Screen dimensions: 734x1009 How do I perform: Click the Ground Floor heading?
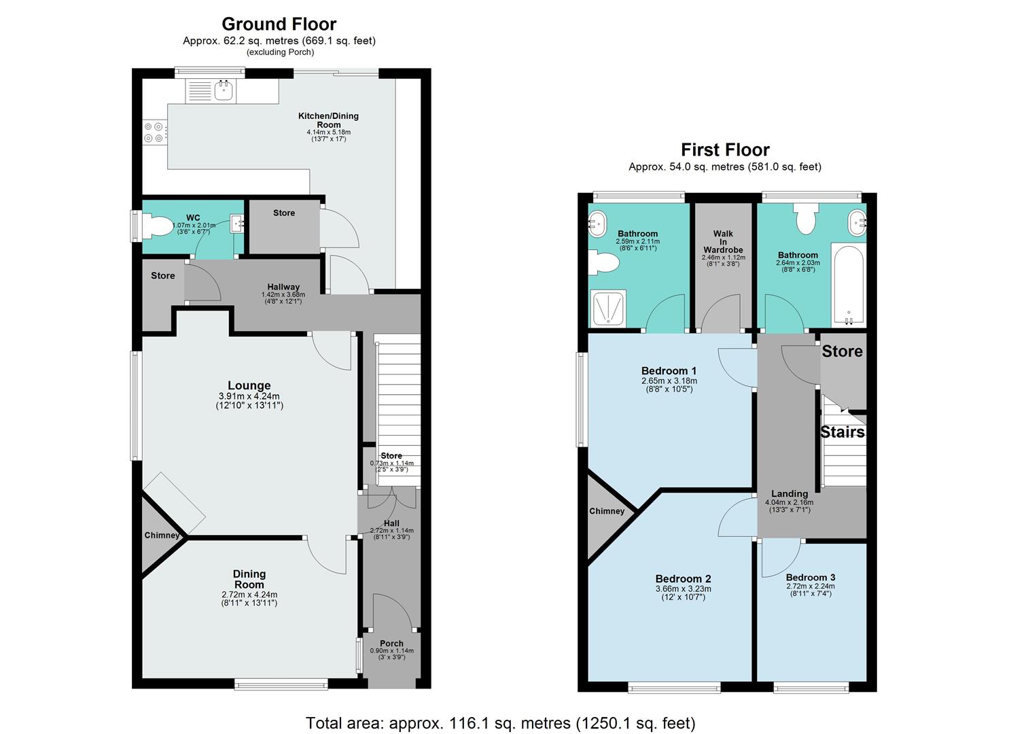tap(279, 24)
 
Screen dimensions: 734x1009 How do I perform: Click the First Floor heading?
tap(725, 150)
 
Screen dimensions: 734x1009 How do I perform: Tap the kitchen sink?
tap(223, 90)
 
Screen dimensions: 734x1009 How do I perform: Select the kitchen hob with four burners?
tap(154, 132)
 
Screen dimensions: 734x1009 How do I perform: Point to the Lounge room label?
tap(249, 386)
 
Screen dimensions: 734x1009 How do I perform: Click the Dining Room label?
tap(249, 579)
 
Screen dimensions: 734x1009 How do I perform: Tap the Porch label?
tap(391, 644)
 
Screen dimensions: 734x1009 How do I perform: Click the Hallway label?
tap(283, 287)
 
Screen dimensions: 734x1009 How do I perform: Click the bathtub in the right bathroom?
tap(848, 285)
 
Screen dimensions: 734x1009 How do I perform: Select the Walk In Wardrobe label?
tap(723, 242)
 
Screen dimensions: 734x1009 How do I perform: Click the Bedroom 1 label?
tap(669, 371)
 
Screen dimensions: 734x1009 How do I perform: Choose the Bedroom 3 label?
tap(810, 577)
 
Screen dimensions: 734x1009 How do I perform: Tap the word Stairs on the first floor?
tap(843, 432)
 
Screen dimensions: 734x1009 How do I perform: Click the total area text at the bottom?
tap(500, 723)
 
